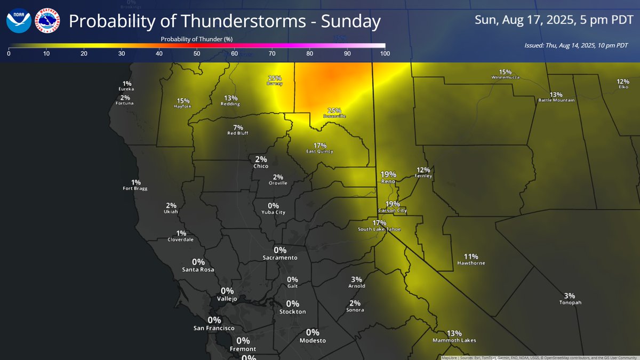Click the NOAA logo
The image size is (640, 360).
[x=19, y=21]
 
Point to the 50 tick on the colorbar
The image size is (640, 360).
[x=197, y=54]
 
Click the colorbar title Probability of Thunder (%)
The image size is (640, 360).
[x=197, y=39]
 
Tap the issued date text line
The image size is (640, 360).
[x=576, y=45]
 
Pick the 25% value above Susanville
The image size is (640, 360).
[x=334, y=110]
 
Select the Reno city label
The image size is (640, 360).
[x=388, y=181]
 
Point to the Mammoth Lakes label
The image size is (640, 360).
[x=454, y=340]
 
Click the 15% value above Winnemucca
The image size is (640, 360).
[x=505, y=72]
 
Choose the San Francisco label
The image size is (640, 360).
[x=213, y=328]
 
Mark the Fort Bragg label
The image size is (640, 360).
[x=134, y=188]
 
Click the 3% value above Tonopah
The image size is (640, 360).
[x=570, y=295]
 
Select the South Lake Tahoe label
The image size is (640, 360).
[x=379, y=229]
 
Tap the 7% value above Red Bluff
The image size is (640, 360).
[x=238, y=127]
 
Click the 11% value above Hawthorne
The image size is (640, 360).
[x=471, y=257]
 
